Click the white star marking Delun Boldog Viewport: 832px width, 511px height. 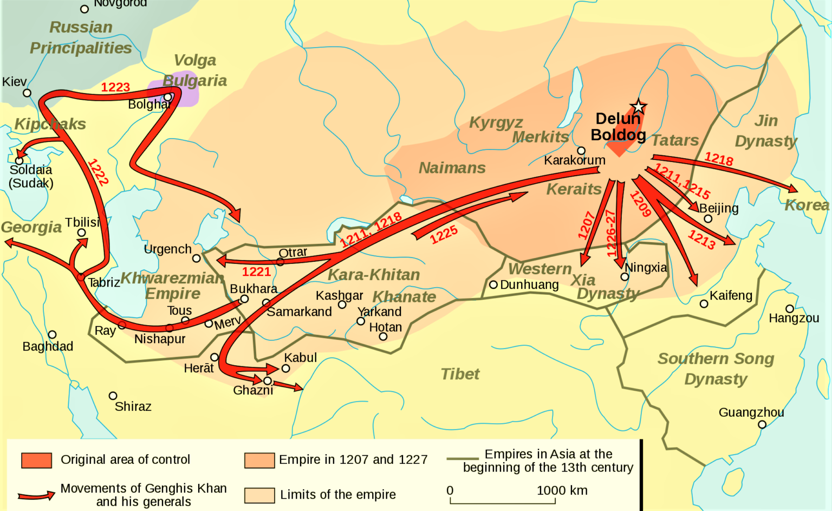(x=638, y=107)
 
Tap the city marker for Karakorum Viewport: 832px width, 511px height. (x=581, y=151)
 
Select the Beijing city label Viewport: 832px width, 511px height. (x=719, y=208)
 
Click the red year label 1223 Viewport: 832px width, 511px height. (x=115, y=87)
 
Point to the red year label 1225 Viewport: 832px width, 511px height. (x=444, y=235)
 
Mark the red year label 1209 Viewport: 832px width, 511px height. (x=640, y=204)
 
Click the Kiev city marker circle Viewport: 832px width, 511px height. (x=27, y=93)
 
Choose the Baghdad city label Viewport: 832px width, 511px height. (x=48, y=346)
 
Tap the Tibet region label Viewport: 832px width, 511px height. (x=460, y=374)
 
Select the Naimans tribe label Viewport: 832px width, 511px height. (x=452, y=168)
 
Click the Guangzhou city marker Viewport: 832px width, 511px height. (x=762, y=424)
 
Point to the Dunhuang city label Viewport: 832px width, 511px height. (x=529, y=284)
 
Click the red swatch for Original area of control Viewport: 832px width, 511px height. (x=37, y=460)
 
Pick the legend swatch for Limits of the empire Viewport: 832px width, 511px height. (x=259, y=495)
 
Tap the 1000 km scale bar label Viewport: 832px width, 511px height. (x=562, y=490)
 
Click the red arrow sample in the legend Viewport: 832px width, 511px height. (x=36, y=495)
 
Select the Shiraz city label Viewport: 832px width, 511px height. (x=133, y=406)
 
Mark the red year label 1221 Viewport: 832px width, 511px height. (x=256, y=271)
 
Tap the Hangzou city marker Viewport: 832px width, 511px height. (x=790, y=309)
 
